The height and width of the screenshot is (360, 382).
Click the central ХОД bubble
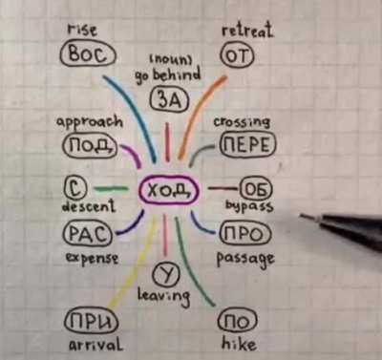tap(169, 191)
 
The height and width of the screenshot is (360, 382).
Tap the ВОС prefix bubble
tap(88, 54)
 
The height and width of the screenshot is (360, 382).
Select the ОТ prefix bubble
tap(238, 55)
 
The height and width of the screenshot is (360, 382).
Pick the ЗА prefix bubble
tap(169, 100)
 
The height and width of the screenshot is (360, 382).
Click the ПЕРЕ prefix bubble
tap(247, 145)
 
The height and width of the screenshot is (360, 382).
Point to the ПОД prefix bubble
tap(91, 146)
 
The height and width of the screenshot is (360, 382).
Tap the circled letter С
tap(75, 188)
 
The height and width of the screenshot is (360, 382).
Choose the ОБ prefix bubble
tap(257, 189)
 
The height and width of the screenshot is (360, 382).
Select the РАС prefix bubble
tap(88, 234)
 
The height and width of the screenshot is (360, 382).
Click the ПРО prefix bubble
tap(245, 234)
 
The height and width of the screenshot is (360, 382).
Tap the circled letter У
tap(166, 274)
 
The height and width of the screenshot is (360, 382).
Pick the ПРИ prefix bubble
tap(91, 322)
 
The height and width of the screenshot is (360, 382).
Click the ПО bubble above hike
tap(238, 321)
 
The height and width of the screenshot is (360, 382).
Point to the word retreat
tap(247, 31)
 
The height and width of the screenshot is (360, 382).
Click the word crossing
tap(242, 122)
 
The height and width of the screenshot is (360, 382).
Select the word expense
tap(92, 258)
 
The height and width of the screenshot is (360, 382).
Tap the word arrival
tap(95, 345)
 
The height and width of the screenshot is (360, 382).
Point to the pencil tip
tap(300, 216)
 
